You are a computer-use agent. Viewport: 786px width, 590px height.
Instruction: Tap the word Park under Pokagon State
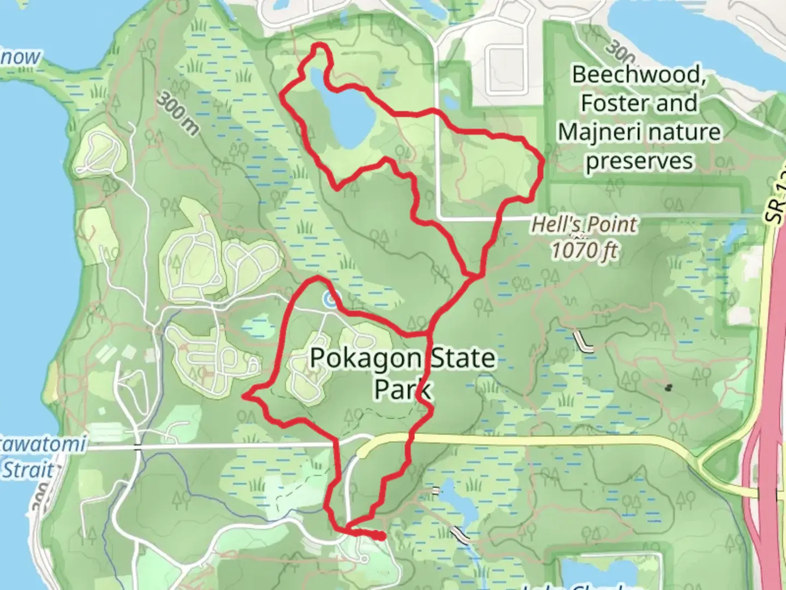pos(403,389)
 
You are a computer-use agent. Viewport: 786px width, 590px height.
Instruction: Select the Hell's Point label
pos(583,225)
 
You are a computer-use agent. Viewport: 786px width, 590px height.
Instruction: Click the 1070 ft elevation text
pos(583,251)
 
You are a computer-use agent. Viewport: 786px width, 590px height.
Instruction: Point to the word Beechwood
pos(639,74)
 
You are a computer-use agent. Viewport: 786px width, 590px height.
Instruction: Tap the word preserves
pos(639,161)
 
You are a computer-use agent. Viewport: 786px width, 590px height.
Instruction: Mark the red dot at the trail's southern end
pos(380,536)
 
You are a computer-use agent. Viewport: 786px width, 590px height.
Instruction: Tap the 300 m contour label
pos(178,113)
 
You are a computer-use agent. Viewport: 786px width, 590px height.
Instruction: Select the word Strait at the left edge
pos(28,470)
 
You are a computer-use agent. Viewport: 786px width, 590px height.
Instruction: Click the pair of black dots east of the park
pos(668,388)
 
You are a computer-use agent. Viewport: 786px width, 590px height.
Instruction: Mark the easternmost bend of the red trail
pos(542,162)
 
